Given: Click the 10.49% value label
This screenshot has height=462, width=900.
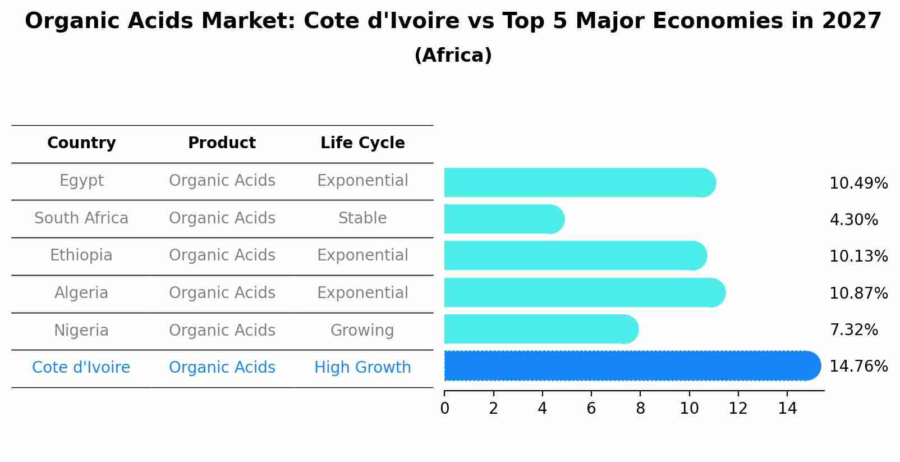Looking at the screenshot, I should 858,184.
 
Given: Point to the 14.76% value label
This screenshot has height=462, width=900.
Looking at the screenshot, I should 858,367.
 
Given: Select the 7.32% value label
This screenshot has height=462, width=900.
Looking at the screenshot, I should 853,330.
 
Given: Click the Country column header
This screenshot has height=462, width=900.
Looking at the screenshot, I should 81,143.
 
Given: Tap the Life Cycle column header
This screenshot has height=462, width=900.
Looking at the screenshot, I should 362,143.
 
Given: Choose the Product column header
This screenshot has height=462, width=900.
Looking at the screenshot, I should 222,143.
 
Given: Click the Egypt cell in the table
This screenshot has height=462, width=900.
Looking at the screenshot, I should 81,181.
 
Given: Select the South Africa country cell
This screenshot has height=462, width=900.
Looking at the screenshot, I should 81,218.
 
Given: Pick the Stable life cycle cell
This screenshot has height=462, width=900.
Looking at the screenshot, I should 362,218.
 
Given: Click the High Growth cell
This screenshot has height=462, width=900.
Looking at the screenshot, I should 362,368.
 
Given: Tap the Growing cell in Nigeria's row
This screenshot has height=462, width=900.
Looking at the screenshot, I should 362,331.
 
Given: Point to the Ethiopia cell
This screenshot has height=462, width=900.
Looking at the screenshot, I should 81,255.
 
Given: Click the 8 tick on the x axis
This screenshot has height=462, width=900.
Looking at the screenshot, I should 640,409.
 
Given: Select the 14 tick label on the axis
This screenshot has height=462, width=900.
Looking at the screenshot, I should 787,409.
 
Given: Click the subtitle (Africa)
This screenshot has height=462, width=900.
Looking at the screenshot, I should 453,56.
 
